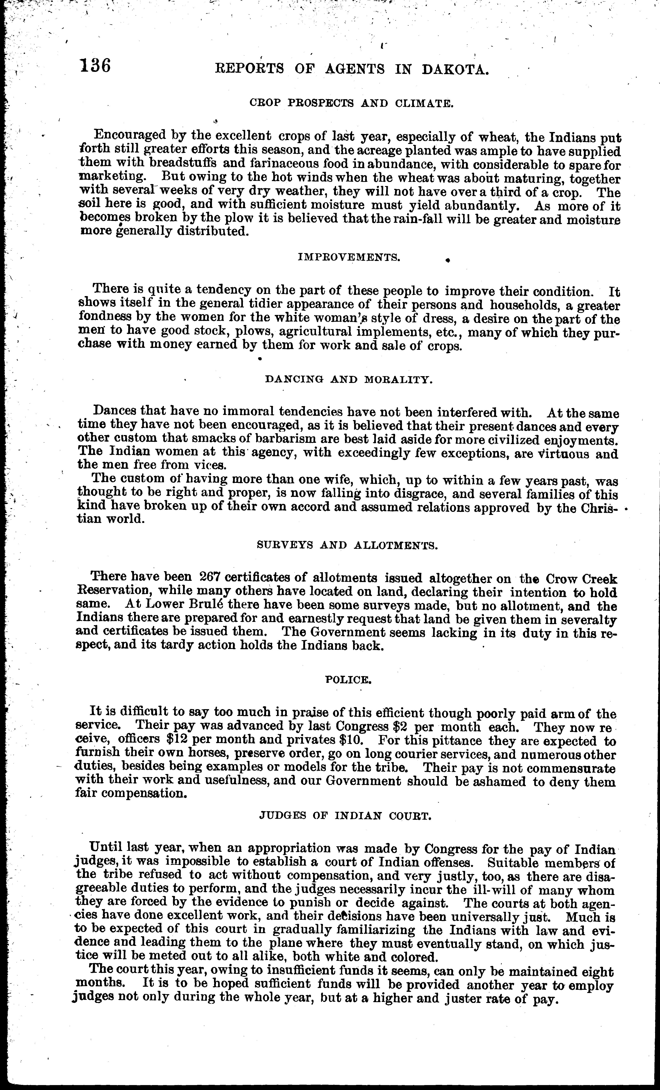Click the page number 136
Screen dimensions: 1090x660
point(95,66)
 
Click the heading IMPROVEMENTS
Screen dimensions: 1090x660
point(349,257)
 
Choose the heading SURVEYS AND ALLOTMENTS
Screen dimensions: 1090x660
point(348,546)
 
